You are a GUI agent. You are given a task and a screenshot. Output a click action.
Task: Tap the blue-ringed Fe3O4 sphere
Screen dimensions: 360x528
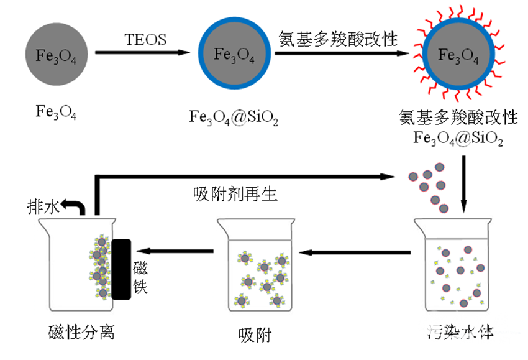coord(234,55)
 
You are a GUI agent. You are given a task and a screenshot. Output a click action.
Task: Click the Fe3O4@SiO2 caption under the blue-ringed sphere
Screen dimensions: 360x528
coord(234,118)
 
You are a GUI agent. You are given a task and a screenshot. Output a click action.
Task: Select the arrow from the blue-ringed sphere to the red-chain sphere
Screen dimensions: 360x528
coord(345,53)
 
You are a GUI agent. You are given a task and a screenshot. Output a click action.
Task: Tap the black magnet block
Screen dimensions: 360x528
coord(121,269)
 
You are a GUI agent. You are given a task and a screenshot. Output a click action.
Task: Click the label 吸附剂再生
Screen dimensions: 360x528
coord(235,194)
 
